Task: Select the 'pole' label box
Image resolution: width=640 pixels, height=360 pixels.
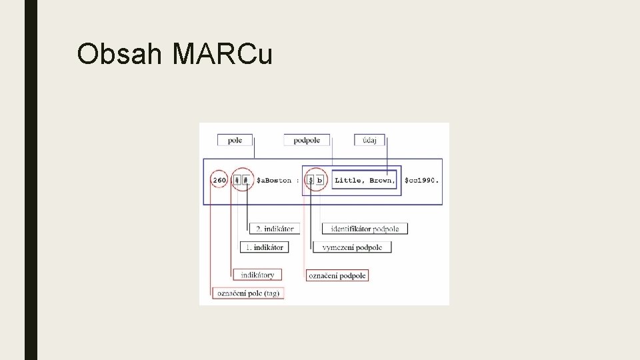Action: click(x=235, y=140)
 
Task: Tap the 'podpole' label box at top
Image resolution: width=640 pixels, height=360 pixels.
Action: click(x=306, y=140)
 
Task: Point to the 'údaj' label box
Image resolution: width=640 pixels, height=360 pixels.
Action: click(x=369, y=140)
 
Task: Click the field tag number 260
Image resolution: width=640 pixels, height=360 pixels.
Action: click(x=219, y=180)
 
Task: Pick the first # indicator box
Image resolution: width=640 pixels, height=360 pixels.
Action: click(x=237, y=180)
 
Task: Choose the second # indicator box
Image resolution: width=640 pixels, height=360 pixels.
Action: click(x=246, y=180)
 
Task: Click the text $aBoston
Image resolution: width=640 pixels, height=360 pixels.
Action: click(x=273, y=180)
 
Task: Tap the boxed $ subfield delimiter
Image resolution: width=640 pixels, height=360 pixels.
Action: click(x=310, y=180)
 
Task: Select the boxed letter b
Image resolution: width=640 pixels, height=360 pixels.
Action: click(x=319, y=180)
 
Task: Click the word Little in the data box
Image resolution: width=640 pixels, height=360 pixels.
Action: click(x=348, y=180)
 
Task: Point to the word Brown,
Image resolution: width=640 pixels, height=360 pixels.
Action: click(x=381, y=180)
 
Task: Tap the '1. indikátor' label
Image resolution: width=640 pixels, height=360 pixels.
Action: click(x=264, y=247)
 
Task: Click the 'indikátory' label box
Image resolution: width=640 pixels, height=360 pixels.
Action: click(x=257, y=275)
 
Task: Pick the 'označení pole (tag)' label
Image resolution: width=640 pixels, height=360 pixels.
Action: click(x=247, y=293)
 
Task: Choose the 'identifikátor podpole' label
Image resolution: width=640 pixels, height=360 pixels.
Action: click(x=365, y=229)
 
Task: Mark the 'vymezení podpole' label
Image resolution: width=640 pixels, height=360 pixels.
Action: click(x=352, y=247)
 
